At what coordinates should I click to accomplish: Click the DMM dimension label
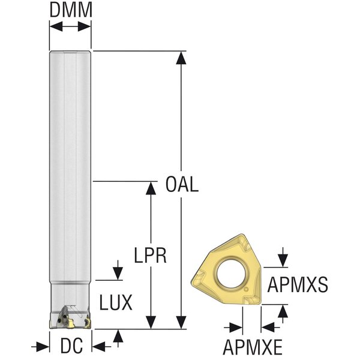[71, 10]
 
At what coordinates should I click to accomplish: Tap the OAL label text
[182, 184]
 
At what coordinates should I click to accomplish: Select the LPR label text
[150, 256]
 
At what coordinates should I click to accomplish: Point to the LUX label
[116, 302]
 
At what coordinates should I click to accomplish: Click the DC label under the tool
[71, 346]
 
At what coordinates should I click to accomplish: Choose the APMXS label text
[298, 284]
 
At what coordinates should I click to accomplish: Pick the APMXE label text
[253, 347]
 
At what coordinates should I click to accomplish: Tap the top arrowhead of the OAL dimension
[181, 58]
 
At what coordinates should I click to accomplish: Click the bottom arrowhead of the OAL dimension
[181, 322]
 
